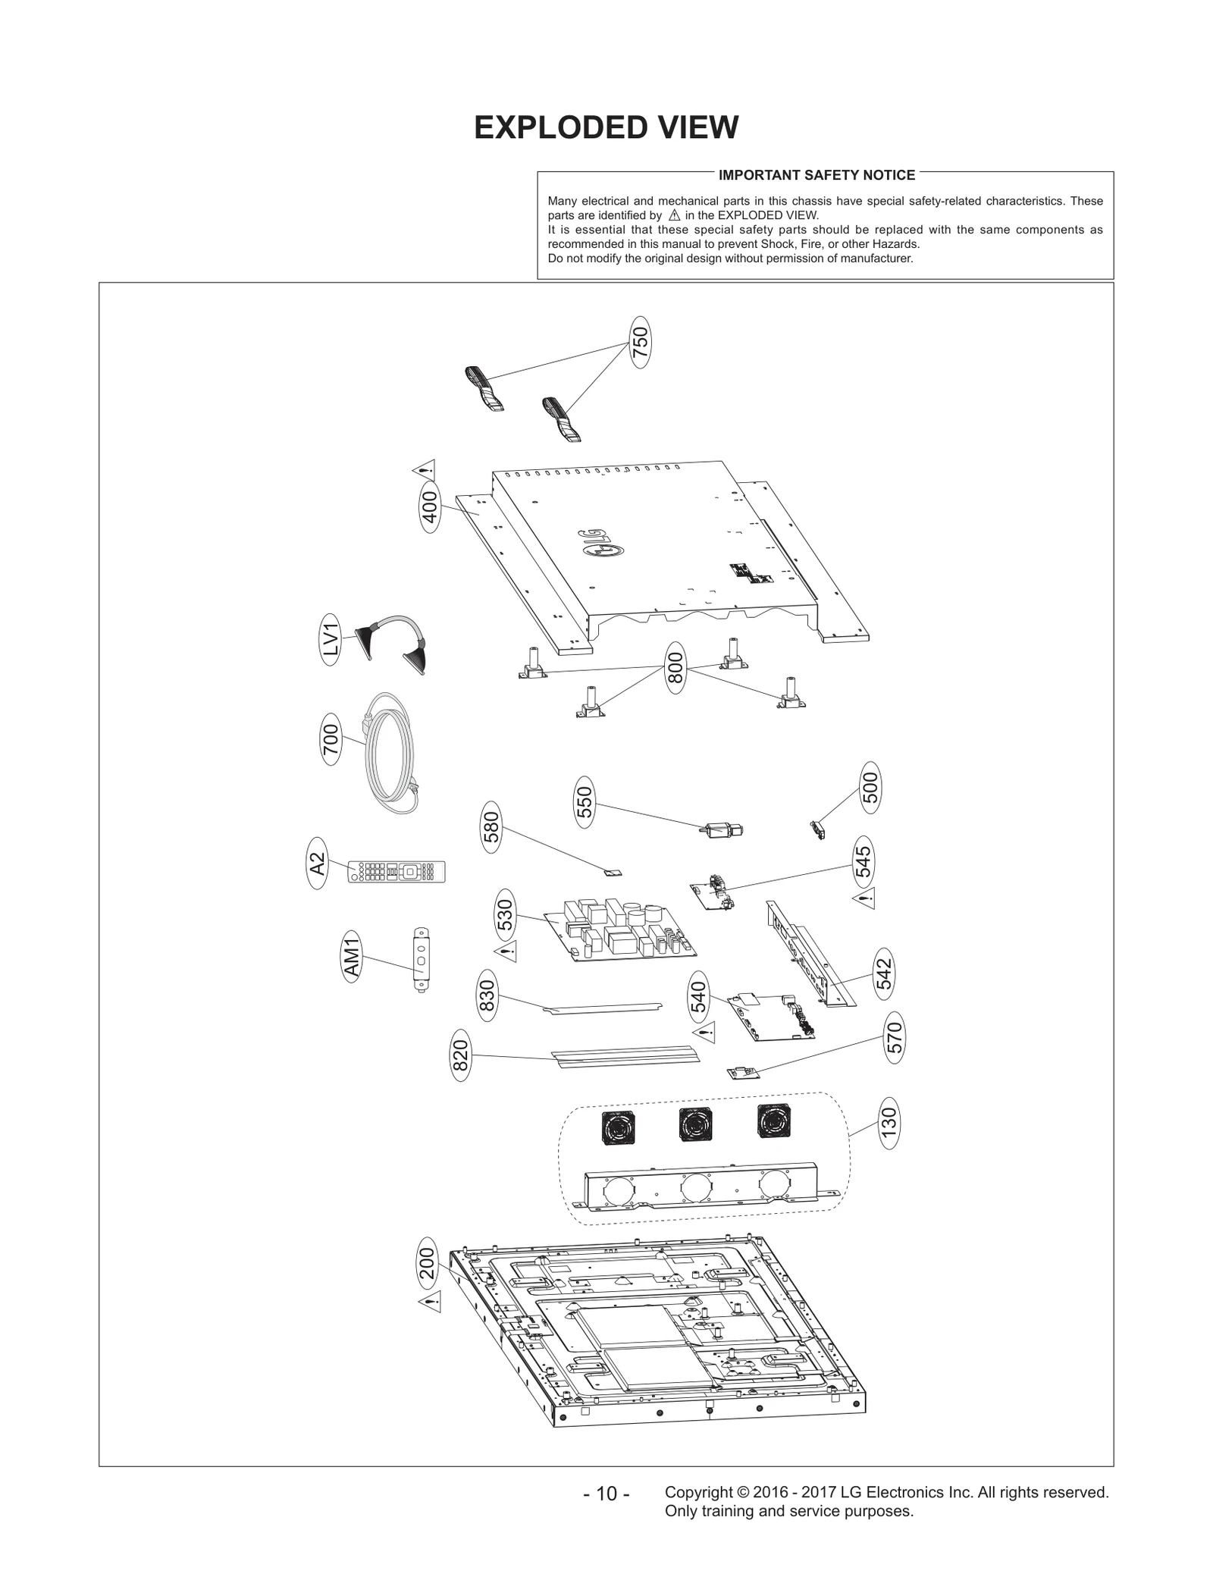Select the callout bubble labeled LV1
[x=331, y=639]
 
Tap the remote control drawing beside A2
[x=396, y=871]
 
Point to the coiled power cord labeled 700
[x=390, y=754]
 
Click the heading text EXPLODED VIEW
[x=606, y=127]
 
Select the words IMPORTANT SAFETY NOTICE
[x=817, y=175]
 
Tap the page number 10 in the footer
[x=606, y=1494]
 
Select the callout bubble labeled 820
[x=460, y=1055]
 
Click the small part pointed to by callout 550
[x=721, y=830]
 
